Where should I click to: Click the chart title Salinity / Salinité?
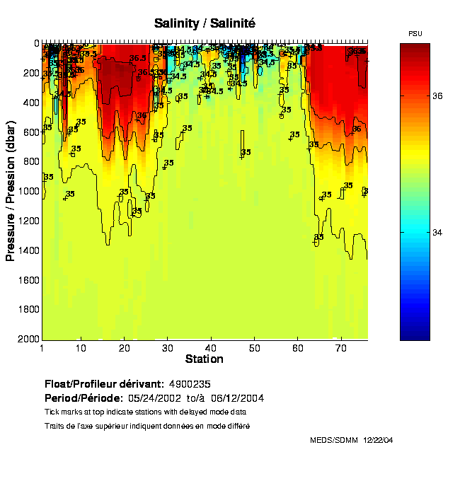coord(205,23)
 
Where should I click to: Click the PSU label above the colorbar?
coord(415,33)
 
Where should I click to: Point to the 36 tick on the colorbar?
coord(437,97)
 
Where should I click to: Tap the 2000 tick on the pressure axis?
coord(27,340)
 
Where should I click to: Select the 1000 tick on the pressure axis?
coord(27,191)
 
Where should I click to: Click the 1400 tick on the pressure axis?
coord(27,250)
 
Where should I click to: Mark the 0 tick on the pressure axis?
coord(35,43)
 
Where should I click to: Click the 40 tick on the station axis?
coord(211,348)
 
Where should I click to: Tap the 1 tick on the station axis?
coord(42,348)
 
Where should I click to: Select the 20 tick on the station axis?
coord(125,348)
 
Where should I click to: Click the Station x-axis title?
coord(204,359)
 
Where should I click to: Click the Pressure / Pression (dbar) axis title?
coord(11,191)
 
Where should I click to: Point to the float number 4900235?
coord(195,384)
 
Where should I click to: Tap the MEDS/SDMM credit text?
coord(334,440)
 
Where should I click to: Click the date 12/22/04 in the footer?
coord(378,440)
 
